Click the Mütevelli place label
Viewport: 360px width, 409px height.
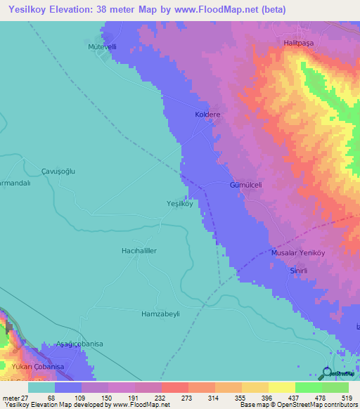[102, 47]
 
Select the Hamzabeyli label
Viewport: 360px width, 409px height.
[161, 313]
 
